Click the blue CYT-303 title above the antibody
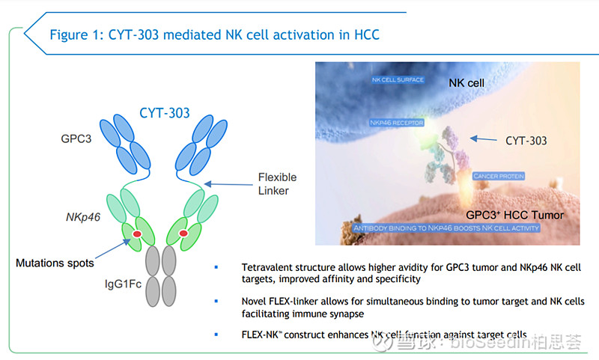point(164,114)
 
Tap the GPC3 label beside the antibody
point(78,139)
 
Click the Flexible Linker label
point(277,183)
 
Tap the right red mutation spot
point(183,235)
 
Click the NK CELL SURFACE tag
point(398,79)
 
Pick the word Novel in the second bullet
point(255,301)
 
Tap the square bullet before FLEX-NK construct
point(217,334)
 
